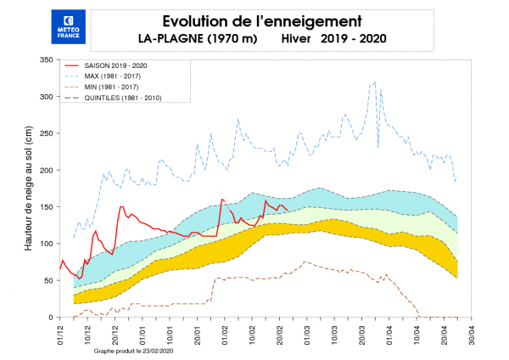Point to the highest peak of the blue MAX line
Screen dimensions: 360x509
[375, 82]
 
